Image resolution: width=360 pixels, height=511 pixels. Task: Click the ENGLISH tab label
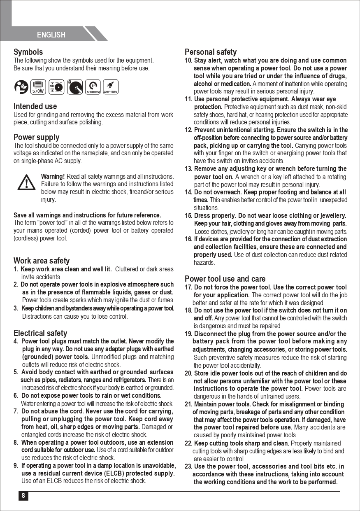(x=51, y=35)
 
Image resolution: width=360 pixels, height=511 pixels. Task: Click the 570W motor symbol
(x=38, y=86)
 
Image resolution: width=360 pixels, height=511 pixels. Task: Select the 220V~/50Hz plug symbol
(x=110, y=86)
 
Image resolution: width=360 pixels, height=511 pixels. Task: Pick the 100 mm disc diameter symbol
(x=56, y=86)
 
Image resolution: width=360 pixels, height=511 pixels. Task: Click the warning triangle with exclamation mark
(x=26, y=182)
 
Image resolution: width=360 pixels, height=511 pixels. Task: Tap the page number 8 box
(x=23, y=496)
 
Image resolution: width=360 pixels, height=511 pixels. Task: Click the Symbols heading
(x=28, y=52)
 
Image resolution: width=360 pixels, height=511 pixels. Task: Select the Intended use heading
(x=35, y=106)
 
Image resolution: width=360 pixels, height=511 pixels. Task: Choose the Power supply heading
(x=36, y=137)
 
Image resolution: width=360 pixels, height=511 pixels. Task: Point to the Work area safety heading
(x=42, y=261)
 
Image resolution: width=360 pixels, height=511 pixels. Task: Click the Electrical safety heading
(x=40, y=333)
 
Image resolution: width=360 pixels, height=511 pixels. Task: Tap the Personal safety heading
(x=211, y=52)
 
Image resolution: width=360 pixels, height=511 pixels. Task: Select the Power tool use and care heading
(x=225, y=279)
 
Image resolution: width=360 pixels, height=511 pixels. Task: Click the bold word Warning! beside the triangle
(x=53, y=177)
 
